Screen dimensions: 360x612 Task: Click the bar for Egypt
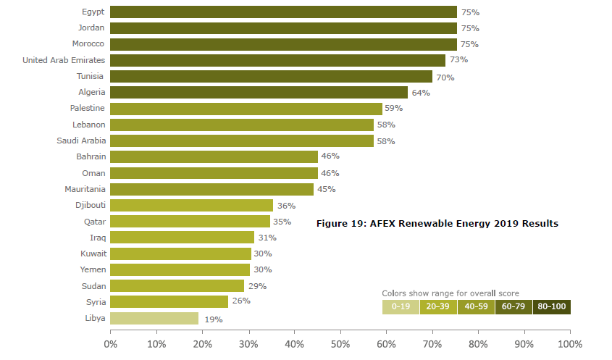[x=283, y=12]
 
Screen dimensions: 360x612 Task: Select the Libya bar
[x=154, y=318]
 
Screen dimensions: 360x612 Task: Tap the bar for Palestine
[x=246, y=109]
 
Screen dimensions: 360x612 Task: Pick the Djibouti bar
[x=191, y=205]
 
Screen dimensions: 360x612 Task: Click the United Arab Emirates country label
[x=64, y=60]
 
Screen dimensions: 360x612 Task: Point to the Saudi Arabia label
[x=80, y=141]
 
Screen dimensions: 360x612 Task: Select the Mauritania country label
[x=85, y=189]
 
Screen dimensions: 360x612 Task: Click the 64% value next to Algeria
[x=421, y=93]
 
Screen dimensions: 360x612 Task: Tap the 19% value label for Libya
[x=213, y=319]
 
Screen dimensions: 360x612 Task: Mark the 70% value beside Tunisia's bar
[x=445, y=77]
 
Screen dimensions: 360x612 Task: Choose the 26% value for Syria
[x=241, y=301]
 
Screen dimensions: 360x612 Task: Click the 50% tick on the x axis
[x=340, y=343]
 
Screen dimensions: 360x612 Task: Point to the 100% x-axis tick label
[x=569, y=343]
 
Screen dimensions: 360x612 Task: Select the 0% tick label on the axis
[x=111, y=343]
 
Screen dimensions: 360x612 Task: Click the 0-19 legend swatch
[x=401, y=306]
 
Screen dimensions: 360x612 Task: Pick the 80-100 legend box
[x=552, y=306]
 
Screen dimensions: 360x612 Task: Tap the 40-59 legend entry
[x=476, y=306]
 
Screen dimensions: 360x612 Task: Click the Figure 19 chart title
[x=437, y=223]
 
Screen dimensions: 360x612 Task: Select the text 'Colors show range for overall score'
[x=450, y=293]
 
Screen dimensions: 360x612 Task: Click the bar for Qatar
[x=190, y=221]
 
